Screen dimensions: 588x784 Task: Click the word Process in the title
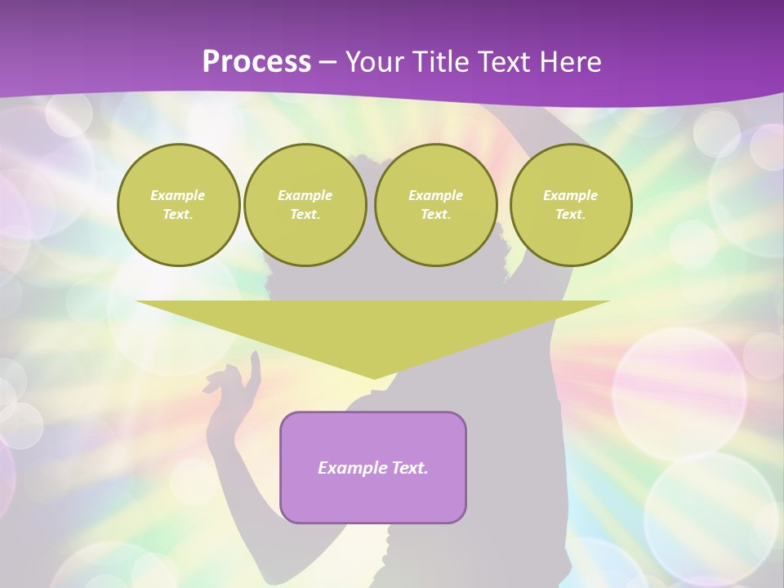[256, 62]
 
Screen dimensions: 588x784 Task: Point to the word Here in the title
[571, 62]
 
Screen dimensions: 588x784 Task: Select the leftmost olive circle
[178, 205]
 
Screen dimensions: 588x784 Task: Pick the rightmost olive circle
[571, 205]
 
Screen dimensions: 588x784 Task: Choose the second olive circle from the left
[305, 205]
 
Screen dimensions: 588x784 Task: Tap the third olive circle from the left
[435, 205]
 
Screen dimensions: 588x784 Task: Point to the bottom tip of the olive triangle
[373, 377]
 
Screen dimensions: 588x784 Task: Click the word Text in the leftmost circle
[178, 215]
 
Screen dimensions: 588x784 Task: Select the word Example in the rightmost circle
[571, 195]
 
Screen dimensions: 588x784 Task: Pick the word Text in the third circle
[435, 215]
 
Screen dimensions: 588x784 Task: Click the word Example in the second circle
[305, 195]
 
